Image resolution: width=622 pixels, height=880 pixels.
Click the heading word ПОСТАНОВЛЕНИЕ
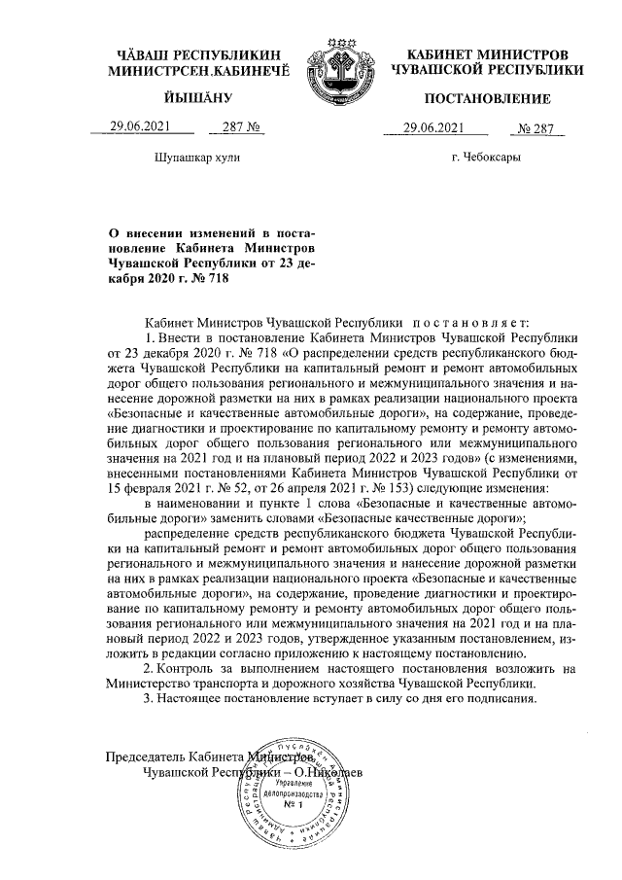tap(487, 98)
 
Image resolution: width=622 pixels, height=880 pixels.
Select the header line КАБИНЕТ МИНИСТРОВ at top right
tap(487, 54)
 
